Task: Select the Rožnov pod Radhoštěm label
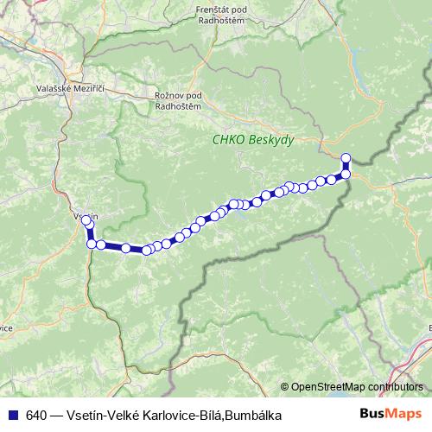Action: point(177,100)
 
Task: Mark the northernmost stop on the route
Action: point(346,157)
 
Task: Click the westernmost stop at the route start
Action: point(86,221)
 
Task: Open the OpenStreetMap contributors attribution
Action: point(357,386)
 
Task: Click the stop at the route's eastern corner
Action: point(346,175)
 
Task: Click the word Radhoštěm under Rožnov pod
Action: point(177,105)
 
